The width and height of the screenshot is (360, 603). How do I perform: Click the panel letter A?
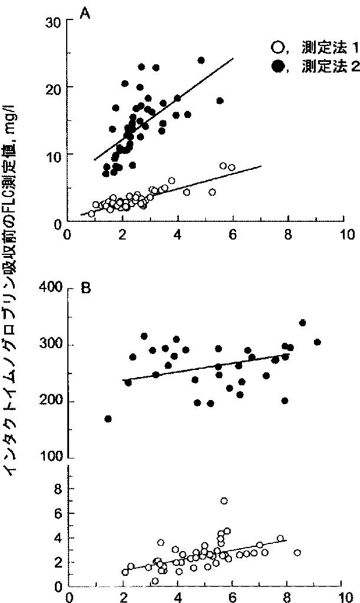tap(84, 15)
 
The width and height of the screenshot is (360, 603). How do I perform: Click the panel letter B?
tap(86, 289)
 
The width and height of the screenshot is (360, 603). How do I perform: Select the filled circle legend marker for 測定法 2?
tap(277, 67)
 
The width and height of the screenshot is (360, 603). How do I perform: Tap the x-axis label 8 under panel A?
tap(287, 235)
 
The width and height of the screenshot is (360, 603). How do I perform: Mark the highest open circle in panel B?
tap(224, 501)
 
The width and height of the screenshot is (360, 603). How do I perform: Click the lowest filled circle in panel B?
tap(108, 419)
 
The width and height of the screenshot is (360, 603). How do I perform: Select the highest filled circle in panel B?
tap(302, 323)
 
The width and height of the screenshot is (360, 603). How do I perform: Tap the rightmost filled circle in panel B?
tap(318, 342)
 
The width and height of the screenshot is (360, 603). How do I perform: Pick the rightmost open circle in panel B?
tap(297, 553)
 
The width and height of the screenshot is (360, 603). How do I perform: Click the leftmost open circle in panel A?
tap(91, 214)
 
